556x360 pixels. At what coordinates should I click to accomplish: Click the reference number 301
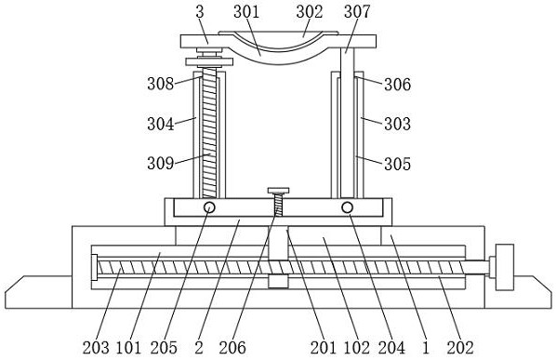(246, 12)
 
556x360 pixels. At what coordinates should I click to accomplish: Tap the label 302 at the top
(310, 12)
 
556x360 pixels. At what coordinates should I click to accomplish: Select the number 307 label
(357, 12)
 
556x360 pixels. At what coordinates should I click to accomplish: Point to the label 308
(161, 84)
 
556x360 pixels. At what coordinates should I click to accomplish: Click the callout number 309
(161, 164)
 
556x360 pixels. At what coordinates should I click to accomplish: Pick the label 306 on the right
(398, 85)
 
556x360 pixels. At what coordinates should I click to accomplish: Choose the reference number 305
(398, 164)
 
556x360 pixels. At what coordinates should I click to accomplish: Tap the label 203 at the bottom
(96, 348)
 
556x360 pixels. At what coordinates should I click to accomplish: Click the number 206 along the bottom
(232, 348)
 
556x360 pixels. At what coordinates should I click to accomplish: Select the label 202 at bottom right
(460, 348)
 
